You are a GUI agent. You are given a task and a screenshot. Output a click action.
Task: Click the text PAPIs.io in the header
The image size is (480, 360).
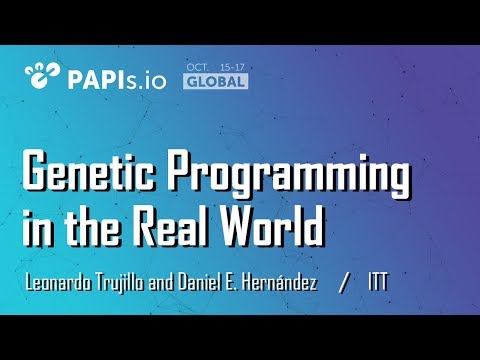click(x=112, y=75)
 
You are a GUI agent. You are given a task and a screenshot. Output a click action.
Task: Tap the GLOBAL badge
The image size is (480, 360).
click(x=214, y=81)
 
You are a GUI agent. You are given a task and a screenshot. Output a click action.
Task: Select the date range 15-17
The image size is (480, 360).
click(x=231, y=67)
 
